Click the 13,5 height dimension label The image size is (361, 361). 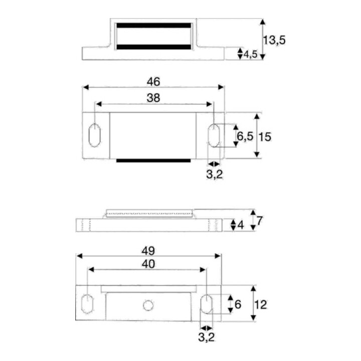[274, 40]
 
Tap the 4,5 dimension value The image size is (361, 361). [251, 54]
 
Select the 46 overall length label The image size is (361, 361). [153, 82]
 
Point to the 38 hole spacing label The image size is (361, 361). [153, 98]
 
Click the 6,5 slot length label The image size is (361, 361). [245, 136]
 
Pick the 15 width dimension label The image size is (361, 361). [265, 137]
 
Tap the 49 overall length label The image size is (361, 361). [148, 251]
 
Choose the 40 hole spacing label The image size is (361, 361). [148, 264]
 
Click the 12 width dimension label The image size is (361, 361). [261, 305]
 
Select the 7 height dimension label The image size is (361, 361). [260, 221]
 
